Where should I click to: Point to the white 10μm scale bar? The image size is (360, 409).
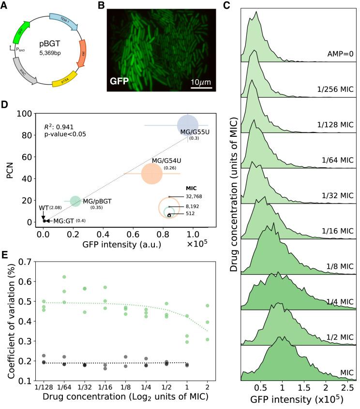(x=199, y=88)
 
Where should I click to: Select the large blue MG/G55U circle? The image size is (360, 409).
(x=187, y=125)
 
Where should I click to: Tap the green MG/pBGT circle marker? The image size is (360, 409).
(x=75, y=201)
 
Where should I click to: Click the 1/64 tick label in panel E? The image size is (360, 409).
(x=64, y=388)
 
